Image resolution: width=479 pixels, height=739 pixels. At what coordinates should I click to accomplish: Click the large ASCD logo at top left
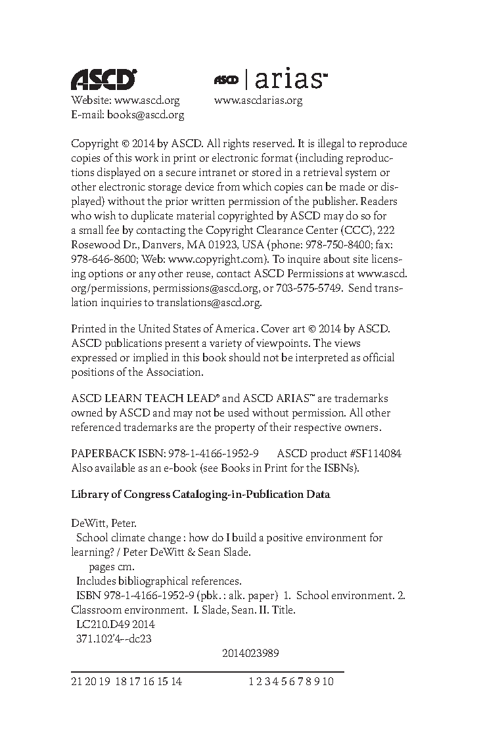(x=103, y=79)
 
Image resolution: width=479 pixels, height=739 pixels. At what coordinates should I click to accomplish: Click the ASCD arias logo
(x=270, y=79)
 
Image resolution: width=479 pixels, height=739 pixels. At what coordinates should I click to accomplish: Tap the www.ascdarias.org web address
(x=258, y=101)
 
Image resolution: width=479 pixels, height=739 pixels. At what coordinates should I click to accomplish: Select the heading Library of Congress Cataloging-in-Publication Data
(x=200, y=494)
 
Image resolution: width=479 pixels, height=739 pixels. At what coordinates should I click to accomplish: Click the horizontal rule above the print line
(x=207, y=671)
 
